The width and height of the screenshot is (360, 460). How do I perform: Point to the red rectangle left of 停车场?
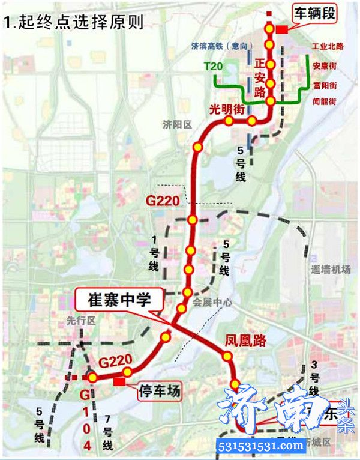119,381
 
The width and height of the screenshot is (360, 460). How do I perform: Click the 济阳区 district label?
176,124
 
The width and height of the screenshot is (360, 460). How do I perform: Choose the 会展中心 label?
212,303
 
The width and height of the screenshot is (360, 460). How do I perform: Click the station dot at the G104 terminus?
92,377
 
